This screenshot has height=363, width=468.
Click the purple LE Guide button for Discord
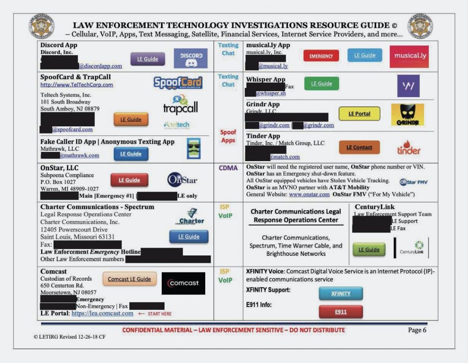click(148, 59)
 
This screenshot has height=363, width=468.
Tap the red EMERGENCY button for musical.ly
click(321, 56)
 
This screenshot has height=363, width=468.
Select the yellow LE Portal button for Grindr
click(359, 114)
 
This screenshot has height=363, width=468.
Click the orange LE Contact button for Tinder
click(359, 147)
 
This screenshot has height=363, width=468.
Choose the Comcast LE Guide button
click(129, 279)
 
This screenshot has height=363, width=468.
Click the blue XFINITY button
click(340, 293)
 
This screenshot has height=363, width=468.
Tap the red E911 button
click(340, 312)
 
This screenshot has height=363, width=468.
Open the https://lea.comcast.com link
click(102, 314)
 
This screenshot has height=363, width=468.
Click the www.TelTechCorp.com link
click(76, 85)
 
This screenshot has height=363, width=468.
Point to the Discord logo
click(191, 58)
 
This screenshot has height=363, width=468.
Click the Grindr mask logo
click(407, 114)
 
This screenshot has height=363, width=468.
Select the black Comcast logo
click(183, 283)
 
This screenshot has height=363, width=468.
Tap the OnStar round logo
click(181, 180)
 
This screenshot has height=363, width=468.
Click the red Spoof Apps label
click(228, 136)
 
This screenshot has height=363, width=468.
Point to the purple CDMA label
click(228, 168)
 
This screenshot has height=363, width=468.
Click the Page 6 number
click(417, 330)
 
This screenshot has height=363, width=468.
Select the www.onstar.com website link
click(309, 195)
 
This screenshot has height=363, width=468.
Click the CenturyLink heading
click(374, 207)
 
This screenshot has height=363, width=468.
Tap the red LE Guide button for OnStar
click(129, 180)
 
